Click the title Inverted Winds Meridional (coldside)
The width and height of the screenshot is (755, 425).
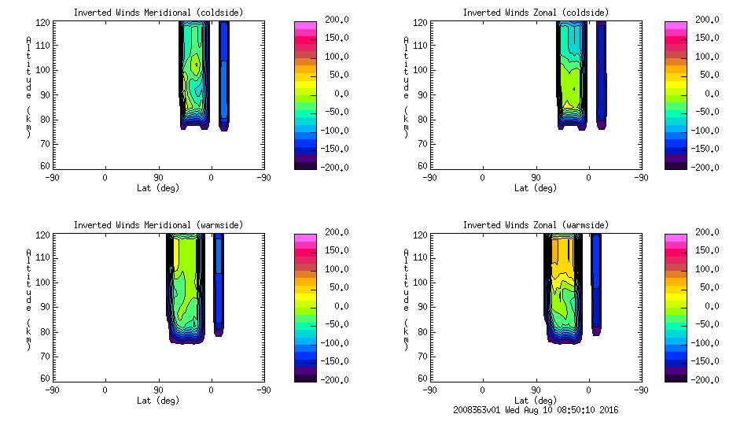(x=158, y=13)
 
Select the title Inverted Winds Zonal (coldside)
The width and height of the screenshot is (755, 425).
(x=536, y=13)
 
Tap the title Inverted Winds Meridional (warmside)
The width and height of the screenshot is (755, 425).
(x=158, y=225)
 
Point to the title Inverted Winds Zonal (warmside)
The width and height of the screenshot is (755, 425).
(x=536, y=225)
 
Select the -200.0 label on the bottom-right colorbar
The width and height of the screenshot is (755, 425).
(x=702, y=379)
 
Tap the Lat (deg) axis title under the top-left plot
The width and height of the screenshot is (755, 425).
(x=158, y=188)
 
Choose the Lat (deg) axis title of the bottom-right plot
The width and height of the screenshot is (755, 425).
(x=536, y=400)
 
